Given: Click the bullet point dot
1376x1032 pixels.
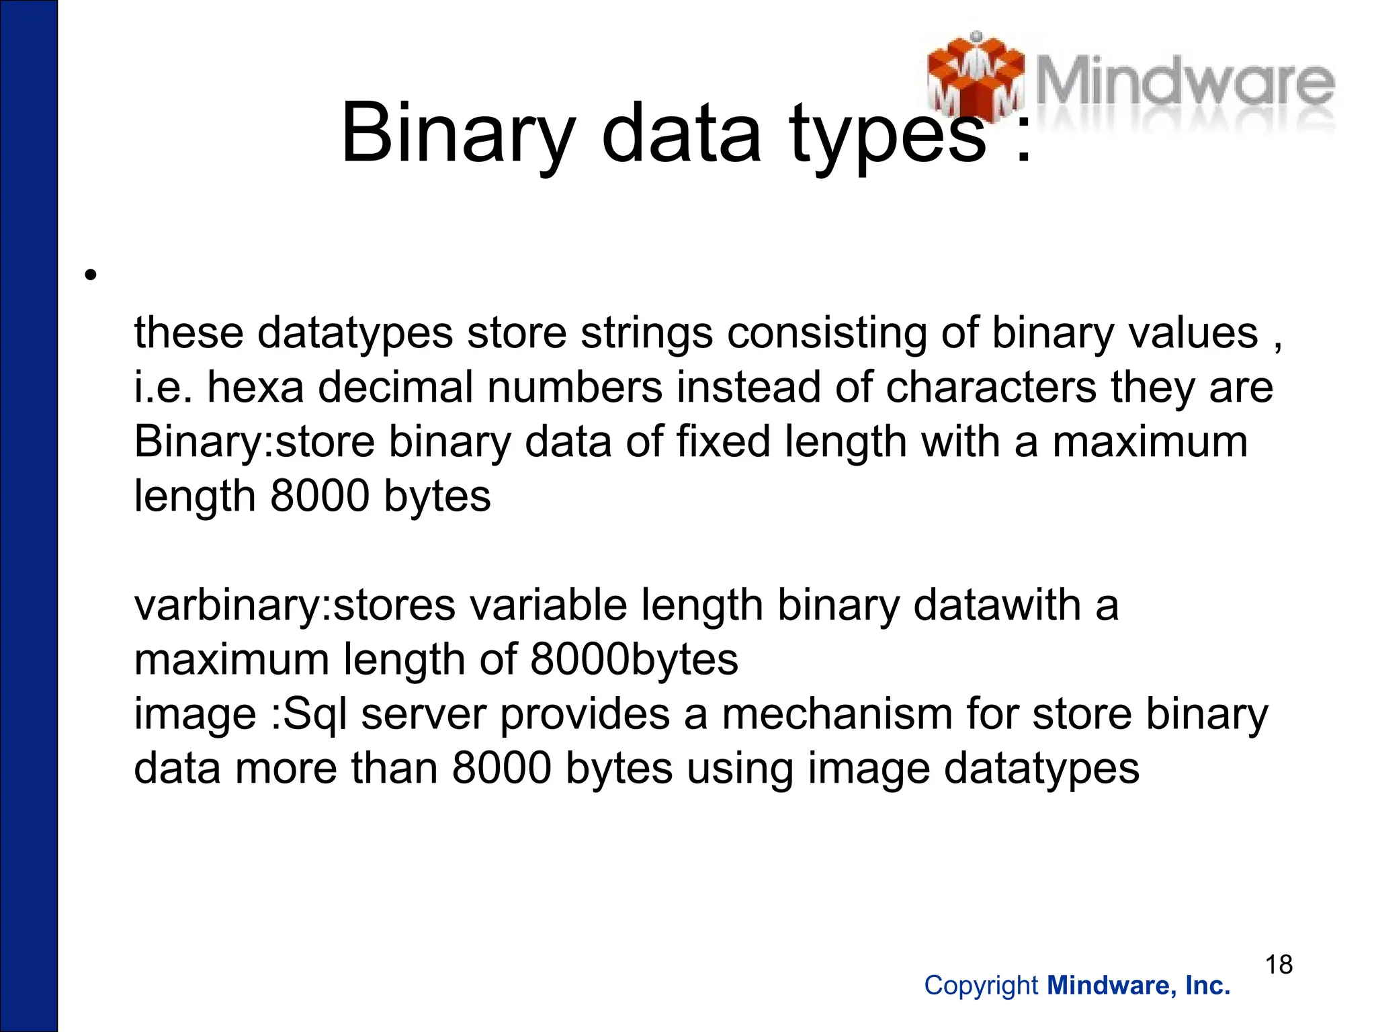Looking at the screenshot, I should (x=91, y=275).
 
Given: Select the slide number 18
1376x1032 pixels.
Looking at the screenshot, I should (x=1279, y=965).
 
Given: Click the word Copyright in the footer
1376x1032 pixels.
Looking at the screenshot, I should (x=981, y=986).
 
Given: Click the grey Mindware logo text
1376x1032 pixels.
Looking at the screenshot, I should (x=1185, y=84).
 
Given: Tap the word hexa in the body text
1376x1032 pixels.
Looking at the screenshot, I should (x=255, y=388).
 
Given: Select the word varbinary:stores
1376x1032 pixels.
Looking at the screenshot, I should (x=295, y=605).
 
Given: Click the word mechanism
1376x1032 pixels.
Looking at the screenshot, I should (x=836, y=714).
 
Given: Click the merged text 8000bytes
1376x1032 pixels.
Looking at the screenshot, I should (x=634, y=659).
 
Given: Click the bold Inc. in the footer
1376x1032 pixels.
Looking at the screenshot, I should (x=1208, y=986).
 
